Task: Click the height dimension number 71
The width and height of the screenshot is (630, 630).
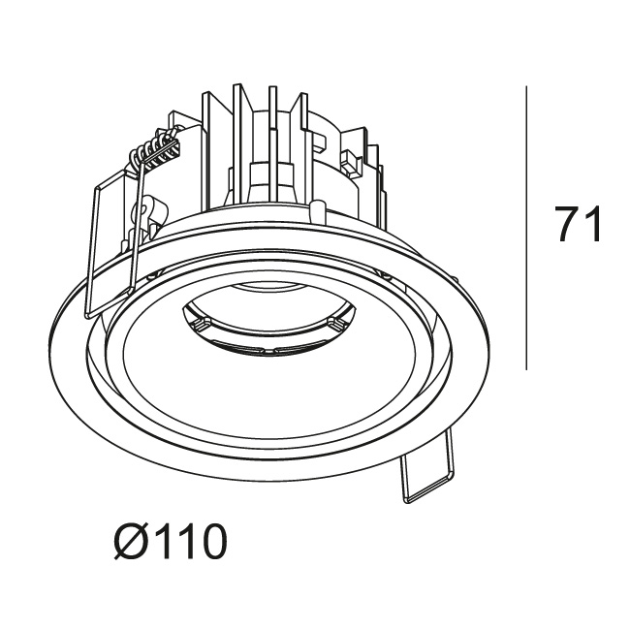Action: click(578, 224)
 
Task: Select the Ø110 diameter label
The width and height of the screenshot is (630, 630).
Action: click(171, 541)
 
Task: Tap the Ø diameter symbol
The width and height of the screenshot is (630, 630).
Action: click(129, 541)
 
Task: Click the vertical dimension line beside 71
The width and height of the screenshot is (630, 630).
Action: click(526, 228)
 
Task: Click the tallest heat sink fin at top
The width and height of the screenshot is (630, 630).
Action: click(237, 144)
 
